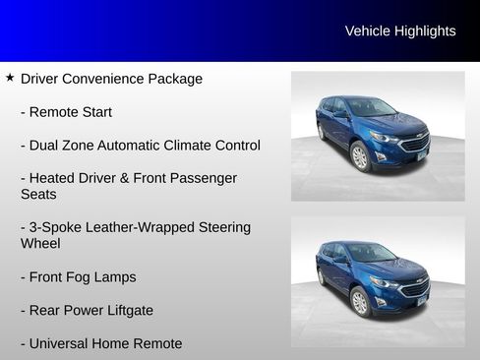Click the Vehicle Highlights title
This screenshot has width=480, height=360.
400,31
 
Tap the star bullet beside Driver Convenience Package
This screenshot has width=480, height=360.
10,77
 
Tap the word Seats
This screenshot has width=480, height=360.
38,195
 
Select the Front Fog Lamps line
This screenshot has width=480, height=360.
78,277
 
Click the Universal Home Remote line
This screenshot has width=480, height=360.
101,344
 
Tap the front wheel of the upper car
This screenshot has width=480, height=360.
360,156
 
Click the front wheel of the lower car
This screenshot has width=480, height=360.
361,301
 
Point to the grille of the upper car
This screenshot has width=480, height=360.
414,144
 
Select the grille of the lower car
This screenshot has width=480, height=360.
415,288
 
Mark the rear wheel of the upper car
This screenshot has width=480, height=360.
321,131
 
